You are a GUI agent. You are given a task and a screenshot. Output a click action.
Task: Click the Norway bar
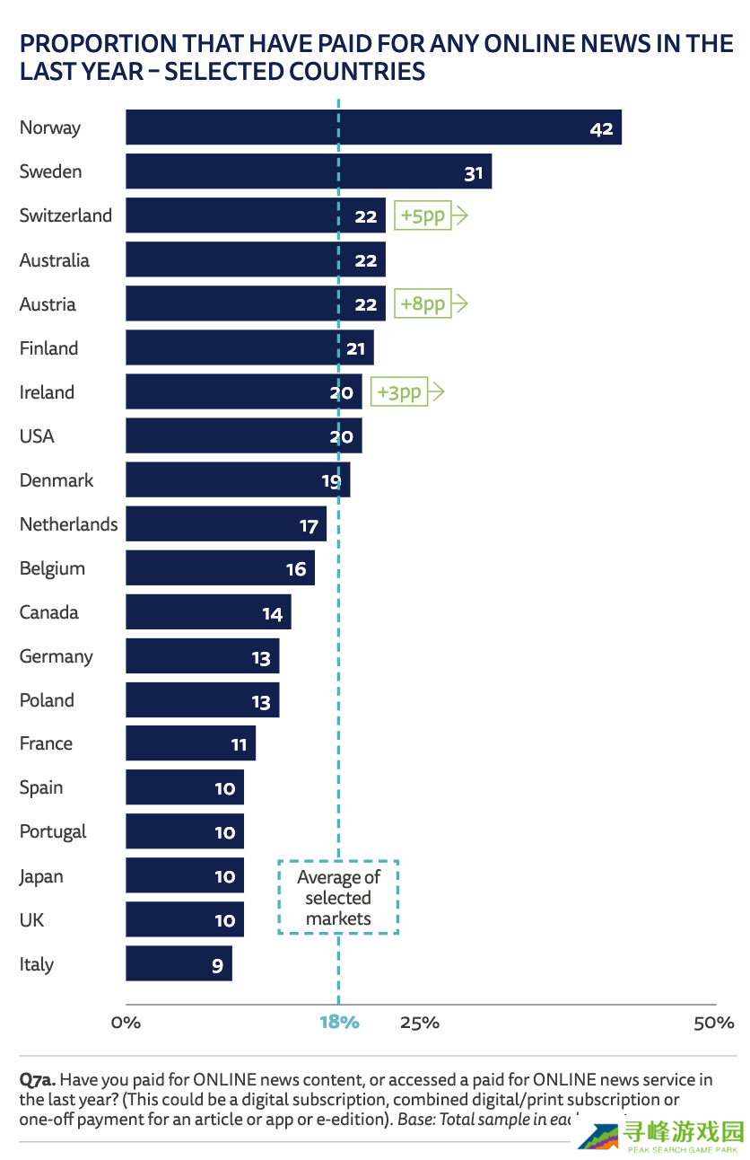[x=373, y=127]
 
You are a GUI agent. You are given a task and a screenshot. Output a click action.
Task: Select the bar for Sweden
[x=309, y=171]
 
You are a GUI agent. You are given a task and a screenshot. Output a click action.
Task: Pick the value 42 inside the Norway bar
[x=601, y=128]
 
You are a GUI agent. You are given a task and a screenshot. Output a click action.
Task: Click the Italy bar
[x=179, y=963]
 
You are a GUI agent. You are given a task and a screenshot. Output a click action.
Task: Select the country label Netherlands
[x=68, y=524]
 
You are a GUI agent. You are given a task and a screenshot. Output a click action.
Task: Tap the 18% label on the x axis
[x=339, y=1023]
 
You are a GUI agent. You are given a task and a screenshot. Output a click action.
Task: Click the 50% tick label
[x=714, y=1023]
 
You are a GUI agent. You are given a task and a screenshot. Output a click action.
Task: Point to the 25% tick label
[x=419, y=1023]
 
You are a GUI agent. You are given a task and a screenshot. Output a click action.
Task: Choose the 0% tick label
[x=126, y=1023]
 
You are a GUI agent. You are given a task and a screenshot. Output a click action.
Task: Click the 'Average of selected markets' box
[x=338, y=898]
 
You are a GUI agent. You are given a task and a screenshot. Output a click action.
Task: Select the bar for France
[x=190, y=743]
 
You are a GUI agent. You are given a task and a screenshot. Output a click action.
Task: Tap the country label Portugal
[x=53, y=832]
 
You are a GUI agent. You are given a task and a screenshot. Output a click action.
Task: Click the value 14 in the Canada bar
[x=272, y=614]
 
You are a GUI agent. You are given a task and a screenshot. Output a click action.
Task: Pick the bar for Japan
[x=184, y=875]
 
